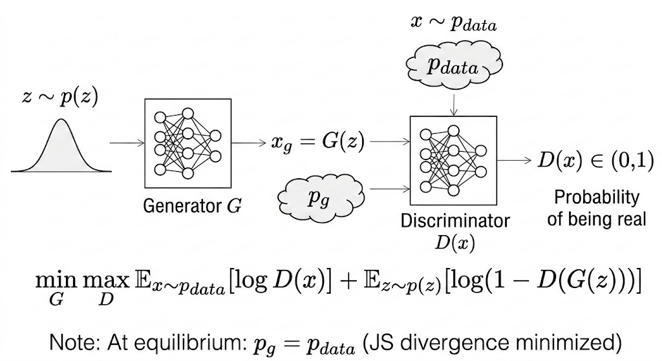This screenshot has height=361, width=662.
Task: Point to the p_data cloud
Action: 453,68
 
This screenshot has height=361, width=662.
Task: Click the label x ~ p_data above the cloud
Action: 453,23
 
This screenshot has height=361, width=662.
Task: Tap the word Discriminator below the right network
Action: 455,221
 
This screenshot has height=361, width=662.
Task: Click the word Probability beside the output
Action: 597,198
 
